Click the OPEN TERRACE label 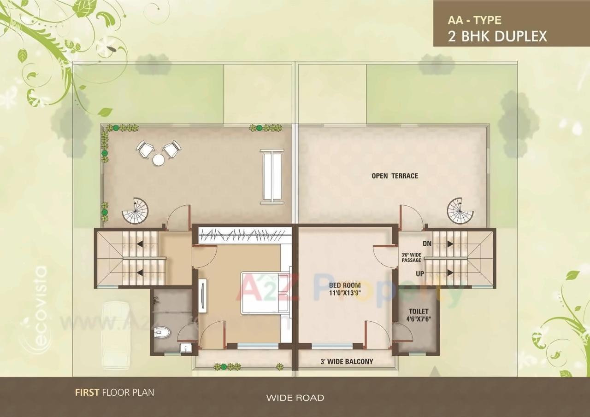pos(395,176)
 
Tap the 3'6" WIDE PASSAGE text pos(411,257)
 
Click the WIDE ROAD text pos(295,398)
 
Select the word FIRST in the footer pos(87,393)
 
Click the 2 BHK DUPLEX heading pos(497,36)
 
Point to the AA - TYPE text pos(474,20)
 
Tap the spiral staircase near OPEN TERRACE pos(460,210)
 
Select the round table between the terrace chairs pos(159,160)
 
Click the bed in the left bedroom pos(263,293)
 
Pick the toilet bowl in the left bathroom pos(162,332)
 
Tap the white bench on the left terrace pos(271,176)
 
